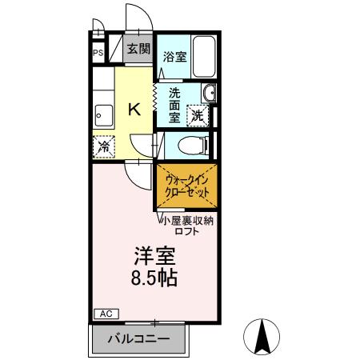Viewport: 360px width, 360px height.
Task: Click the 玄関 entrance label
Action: click(x=138, y=48)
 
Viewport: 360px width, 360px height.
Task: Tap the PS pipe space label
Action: click(x=98, y=54)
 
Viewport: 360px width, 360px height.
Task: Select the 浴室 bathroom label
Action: click(x=174, y=56)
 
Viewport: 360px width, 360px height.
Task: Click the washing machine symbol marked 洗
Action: click(x=197, y=114)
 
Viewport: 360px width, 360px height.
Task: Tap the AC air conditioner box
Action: click(x=104, y=313)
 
